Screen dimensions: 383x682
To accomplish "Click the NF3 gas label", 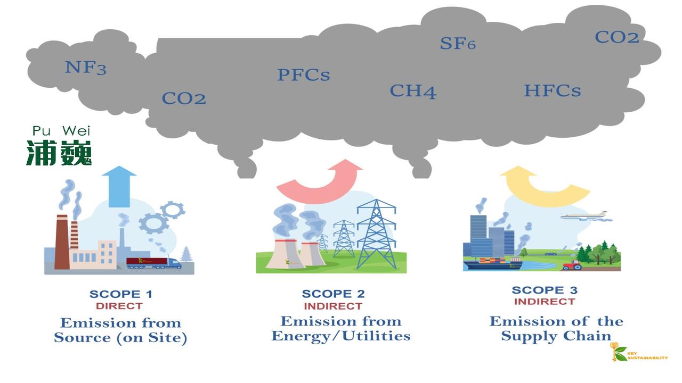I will point(85,68).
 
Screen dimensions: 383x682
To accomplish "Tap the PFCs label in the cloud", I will point(303,75).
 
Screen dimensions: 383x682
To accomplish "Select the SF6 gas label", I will point(458,43).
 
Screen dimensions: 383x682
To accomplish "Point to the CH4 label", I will point(412,91).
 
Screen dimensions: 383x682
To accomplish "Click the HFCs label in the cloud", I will point(552,90).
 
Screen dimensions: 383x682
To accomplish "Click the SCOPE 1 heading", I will point(120,294).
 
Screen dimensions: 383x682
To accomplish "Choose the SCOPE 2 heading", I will point(334,294).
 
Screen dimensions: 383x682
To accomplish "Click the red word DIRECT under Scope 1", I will point(119,306).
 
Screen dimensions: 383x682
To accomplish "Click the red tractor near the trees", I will point(572,264).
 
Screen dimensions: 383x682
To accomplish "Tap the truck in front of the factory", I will point(154,263).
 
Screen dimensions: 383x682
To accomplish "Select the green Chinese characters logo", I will point(59,153).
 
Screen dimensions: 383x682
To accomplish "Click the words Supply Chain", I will point(556,336).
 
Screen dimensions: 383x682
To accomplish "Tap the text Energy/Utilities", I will point(341,336).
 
